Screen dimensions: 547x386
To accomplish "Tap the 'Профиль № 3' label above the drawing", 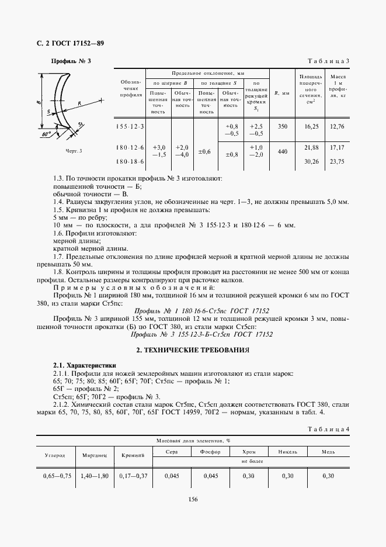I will tap(71, 61).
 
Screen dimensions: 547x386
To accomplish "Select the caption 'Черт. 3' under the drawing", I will tap(73, 151).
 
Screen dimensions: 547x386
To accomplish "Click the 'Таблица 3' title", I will tap(328, 61).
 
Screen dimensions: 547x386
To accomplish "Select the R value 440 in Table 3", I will tap(283, 151).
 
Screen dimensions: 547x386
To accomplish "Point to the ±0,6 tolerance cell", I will tap(204, 151).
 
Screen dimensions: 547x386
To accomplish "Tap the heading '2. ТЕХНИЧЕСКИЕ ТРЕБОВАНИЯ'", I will tap(193, 349).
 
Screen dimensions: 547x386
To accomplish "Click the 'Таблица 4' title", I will tap(328, 430).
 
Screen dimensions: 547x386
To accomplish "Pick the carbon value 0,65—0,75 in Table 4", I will tap(57, 476).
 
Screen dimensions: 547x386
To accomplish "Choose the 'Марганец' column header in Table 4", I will tap(95, 454).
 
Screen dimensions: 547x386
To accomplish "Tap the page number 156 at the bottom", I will tap(193, 498).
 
